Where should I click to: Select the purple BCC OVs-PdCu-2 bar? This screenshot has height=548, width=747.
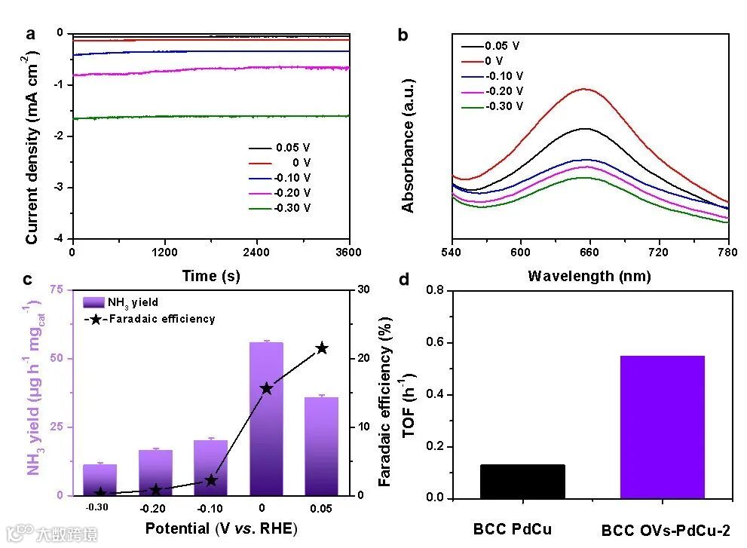(662, 427)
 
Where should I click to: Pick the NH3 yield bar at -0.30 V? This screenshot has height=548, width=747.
(99, 479)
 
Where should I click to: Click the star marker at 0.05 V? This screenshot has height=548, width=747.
(322, 348)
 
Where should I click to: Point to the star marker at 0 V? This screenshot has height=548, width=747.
(266, 388)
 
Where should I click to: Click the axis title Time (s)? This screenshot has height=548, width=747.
(210, 276)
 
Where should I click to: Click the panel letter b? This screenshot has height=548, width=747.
(403, 35)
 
